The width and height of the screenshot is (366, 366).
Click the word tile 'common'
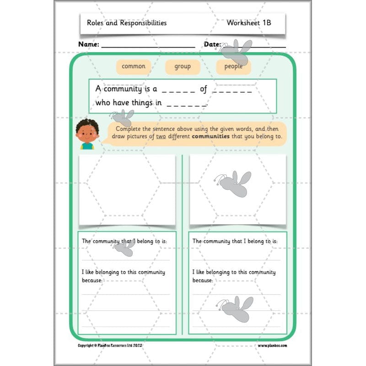tap(134, 66)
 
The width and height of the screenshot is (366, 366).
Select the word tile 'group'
tap(183, 66)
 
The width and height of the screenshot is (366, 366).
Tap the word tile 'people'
tap(233, 67)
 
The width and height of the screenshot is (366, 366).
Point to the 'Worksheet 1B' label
tap(249, 22)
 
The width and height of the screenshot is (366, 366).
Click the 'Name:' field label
tap(89, 44)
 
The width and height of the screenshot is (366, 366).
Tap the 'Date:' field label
tap(212, 44)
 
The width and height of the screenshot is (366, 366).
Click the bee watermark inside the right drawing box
tap(234, 183)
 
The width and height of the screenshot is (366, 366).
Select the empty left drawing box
tap(127, 189)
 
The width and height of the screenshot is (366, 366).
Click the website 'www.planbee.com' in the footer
tap(272, 345)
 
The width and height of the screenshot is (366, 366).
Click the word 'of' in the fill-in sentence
tap(204, 89)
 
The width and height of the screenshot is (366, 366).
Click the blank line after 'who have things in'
tap(187, 103)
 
